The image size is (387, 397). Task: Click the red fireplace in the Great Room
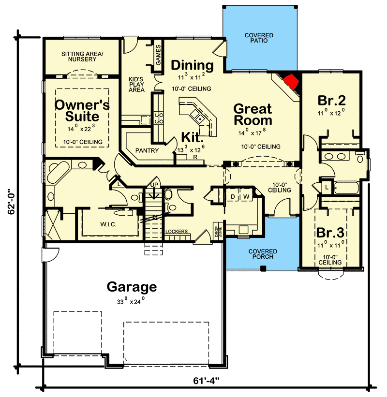[x=292, y=82]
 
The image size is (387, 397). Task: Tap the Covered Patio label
[x=258, y=38]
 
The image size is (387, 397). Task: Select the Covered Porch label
[x=263, y=254]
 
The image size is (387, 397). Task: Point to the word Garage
[x=132, y=287]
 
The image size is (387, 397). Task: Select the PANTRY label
[x=147, y=150]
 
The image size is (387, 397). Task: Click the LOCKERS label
[x=176, y=232]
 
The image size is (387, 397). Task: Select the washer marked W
[x=246, y=196]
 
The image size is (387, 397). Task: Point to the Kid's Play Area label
[x=136, y=84]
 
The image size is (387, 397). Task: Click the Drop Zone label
[x=218, y=231]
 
